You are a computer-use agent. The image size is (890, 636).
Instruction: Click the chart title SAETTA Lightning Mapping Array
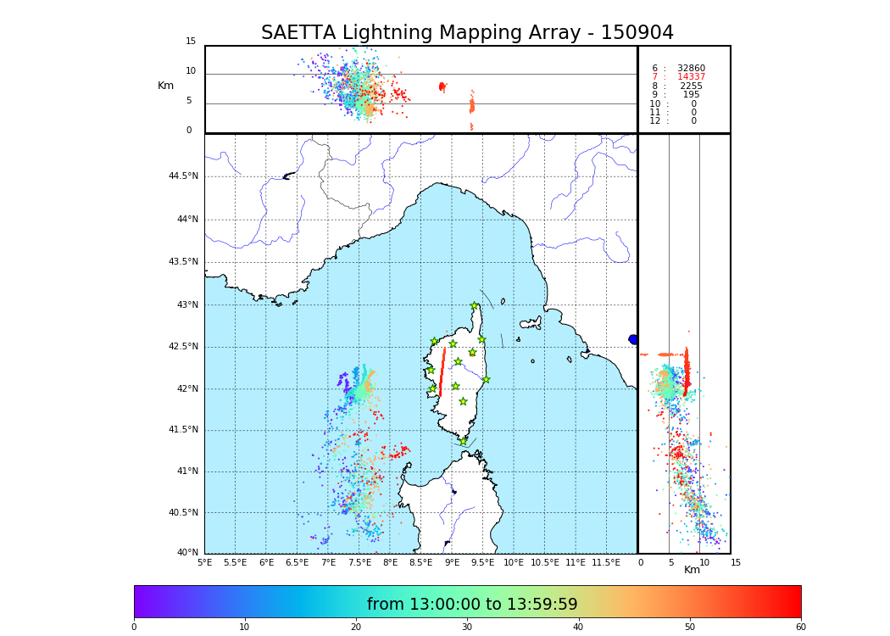point(467,33)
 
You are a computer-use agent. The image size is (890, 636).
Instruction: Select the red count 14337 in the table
point(691,77)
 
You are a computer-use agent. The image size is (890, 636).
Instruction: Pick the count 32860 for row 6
point(691,69)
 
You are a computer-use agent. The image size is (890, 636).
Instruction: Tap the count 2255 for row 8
point(691,86)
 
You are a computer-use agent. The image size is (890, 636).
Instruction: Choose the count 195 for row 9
point(692,95)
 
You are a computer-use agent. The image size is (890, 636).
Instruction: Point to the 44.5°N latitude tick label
point(183,176)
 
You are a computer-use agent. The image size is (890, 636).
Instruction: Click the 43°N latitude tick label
point(183,305)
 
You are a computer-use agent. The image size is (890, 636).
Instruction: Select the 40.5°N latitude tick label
point(183,513)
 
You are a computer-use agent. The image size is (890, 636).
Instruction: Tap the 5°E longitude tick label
point(205,562)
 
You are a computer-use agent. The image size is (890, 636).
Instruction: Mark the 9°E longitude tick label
point(453,562)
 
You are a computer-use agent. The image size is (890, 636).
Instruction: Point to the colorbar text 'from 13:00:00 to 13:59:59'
point(472,605)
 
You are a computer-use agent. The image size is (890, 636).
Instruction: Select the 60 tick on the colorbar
point(800,628)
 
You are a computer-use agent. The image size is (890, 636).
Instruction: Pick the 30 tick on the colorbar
point(467,628)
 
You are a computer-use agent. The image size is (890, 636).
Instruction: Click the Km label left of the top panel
point(165,86)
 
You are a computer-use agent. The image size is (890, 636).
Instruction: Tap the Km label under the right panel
point(692,570)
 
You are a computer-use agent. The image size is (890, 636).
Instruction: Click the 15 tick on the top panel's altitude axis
point(191,42)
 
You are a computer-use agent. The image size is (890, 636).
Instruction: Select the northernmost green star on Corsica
point(475,306)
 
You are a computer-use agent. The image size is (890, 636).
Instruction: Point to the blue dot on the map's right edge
point(633,339)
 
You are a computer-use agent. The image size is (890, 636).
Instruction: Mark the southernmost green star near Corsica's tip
point(463,441)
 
